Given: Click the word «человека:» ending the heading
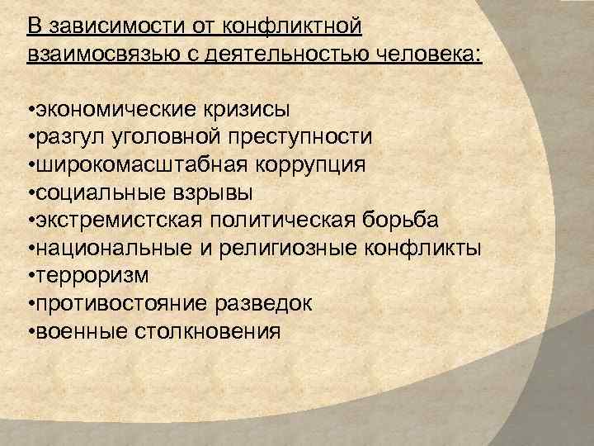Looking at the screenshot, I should [431, 54].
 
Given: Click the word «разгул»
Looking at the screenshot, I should [64, 137].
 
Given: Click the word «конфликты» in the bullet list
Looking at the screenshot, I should [429, 249].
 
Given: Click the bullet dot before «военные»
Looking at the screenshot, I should [29, 333].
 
